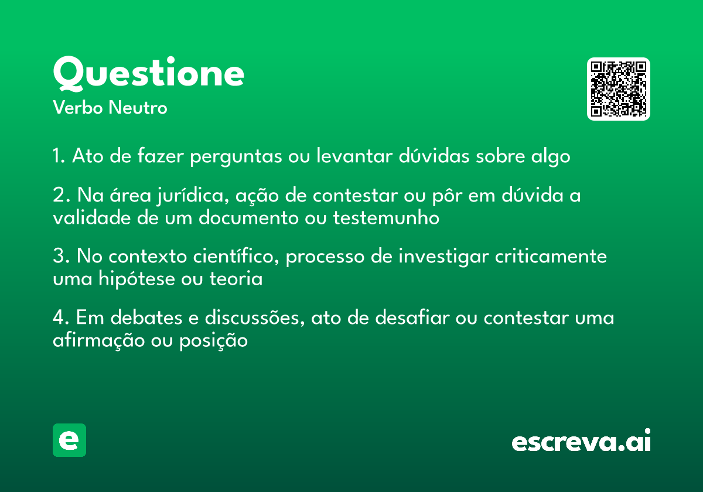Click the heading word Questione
148,74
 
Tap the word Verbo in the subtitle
78,107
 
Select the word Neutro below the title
138,107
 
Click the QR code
618,89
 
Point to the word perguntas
236,156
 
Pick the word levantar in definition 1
354,155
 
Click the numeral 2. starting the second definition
62,195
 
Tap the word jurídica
193,196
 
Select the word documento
248,217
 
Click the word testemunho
386,217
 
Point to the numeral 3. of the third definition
61,256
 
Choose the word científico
236,256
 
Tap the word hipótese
136,279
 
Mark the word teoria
236,278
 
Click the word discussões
255,317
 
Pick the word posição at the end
213,341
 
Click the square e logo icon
69,440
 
